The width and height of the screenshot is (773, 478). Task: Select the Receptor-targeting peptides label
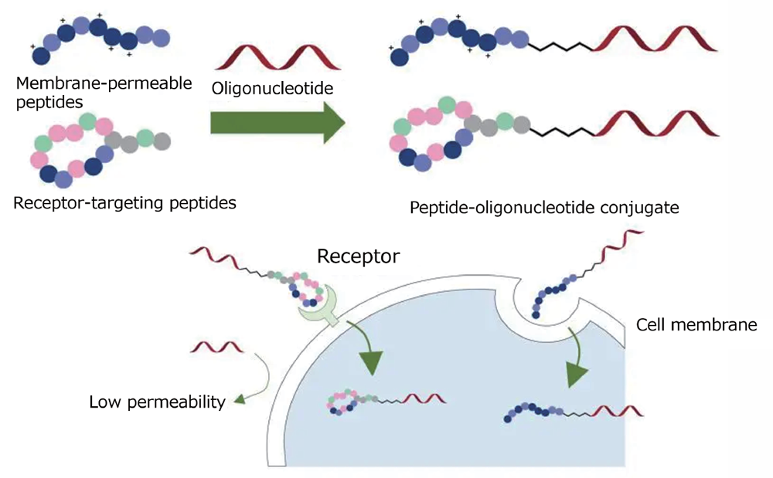[x=124, y=204]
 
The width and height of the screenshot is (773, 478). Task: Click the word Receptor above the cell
[x=359, y=256]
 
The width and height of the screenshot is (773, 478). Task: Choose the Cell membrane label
[x=696, y=326]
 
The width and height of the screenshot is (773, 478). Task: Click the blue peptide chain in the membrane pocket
[x=550, y=297]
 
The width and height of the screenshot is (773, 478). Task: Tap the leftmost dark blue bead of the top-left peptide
[x=39, y=56]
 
